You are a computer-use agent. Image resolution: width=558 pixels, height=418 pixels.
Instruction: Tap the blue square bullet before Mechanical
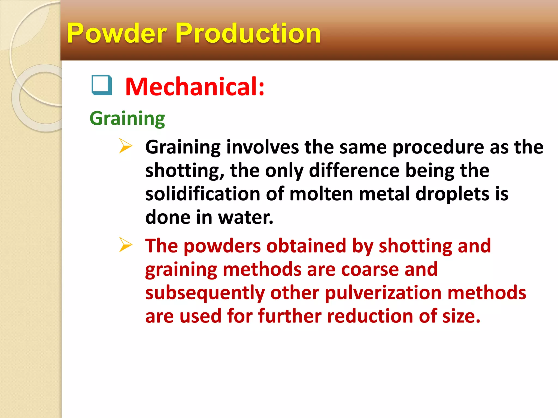(102, 85)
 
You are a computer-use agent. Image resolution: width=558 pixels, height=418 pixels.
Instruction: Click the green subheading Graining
(127, 119)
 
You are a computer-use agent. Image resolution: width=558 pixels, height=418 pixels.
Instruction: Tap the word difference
(354, 171)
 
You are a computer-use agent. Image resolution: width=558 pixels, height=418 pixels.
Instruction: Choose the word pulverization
(383, 293)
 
